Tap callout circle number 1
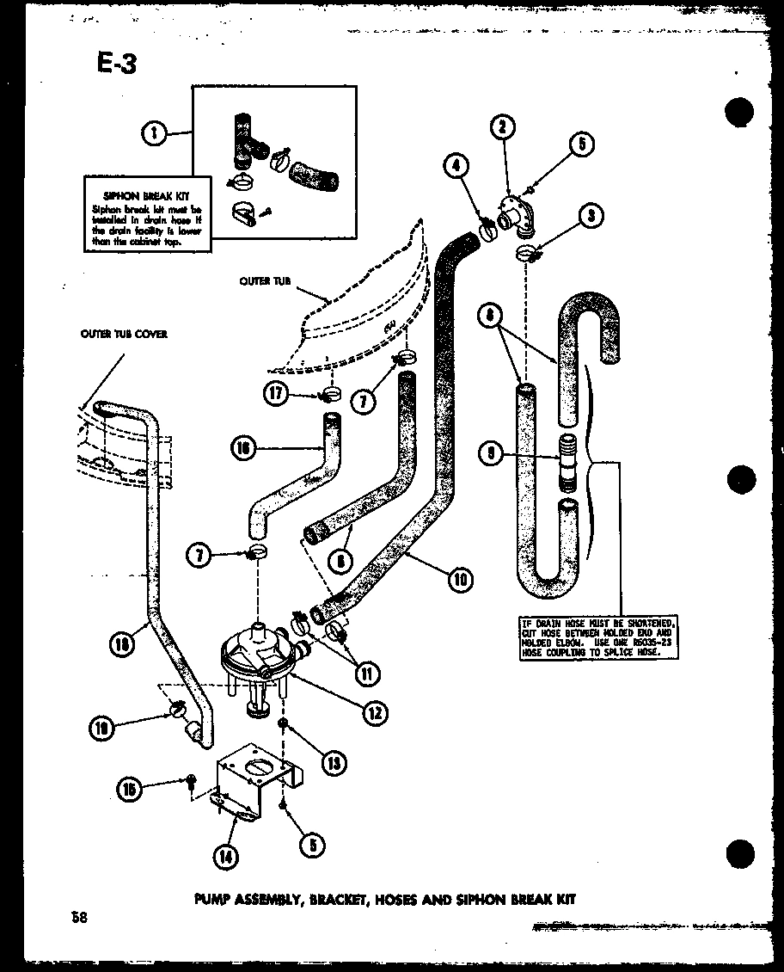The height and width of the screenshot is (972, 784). (x=155, y=132)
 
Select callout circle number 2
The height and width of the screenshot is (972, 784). (x=503, y=128)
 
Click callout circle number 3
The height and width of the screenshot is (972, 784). (x=590, y=216)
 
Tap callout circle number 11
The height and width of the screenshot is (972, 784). (x=367, y=674)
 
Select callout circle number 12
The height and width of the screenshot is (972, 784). (x=375, y=712)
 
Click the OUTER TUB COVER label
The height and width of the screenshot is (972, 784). (x=124, y=334)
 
